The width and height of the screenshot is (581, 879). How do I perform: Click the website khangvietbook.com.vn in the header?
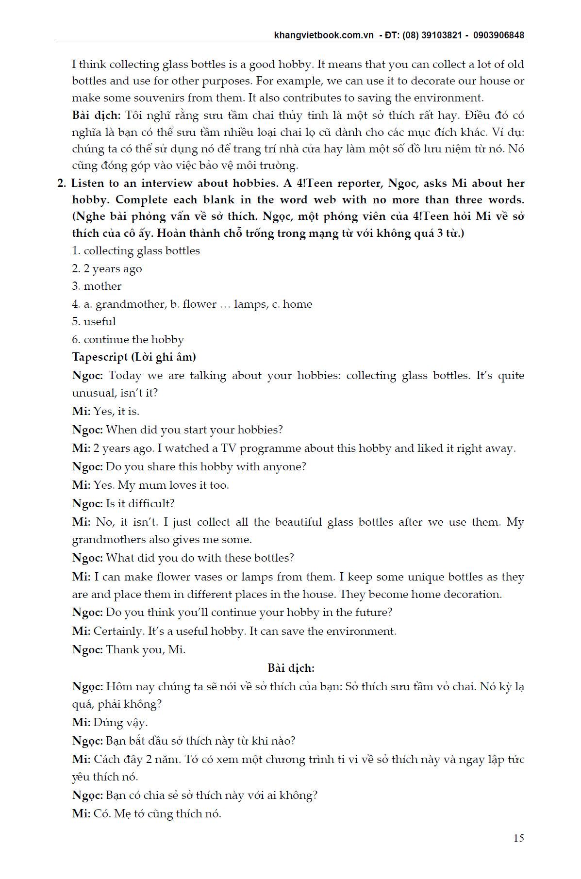(324, 35)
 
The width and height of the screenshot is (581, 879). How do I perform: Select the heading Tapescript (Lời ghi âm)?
(134, 357)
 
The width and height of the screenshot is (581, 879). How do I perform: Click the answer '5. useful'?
(94, 321)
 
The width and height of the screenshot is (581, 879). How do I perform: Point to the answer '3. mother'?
(97, 286)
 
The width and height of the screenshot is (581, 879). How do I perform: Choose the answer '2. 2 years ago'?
(107, 268)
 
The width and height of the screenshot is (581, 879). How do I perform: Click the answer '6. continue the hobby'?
(128, 339)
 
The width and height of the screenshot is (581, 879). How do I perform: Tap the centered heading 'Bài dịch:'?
(291, 668)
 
